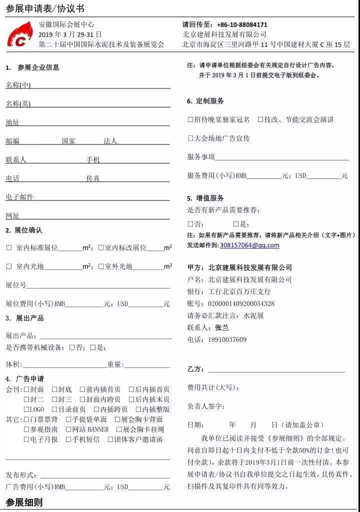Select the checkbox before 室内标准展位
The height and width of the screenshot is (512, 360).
[x=9, y=247]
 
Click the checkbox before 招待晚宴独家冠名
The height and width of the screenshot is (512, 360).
[x=190, y=120]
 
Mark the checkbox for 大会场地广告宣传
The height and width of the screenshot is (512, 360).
[x=190, y=138]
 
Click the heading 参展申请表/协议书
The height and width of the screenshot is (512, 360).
[x=45, y=8]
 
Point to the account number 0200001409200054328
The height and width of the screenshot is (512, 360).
[x=241, y=303]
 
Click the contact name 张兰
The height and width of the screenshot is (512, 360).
[x=221, y=328]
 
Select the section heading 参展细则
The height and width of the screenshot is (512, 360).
[x=24, y=502]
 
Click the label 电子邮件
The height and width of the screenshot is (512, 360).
[x=19, y=197]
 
